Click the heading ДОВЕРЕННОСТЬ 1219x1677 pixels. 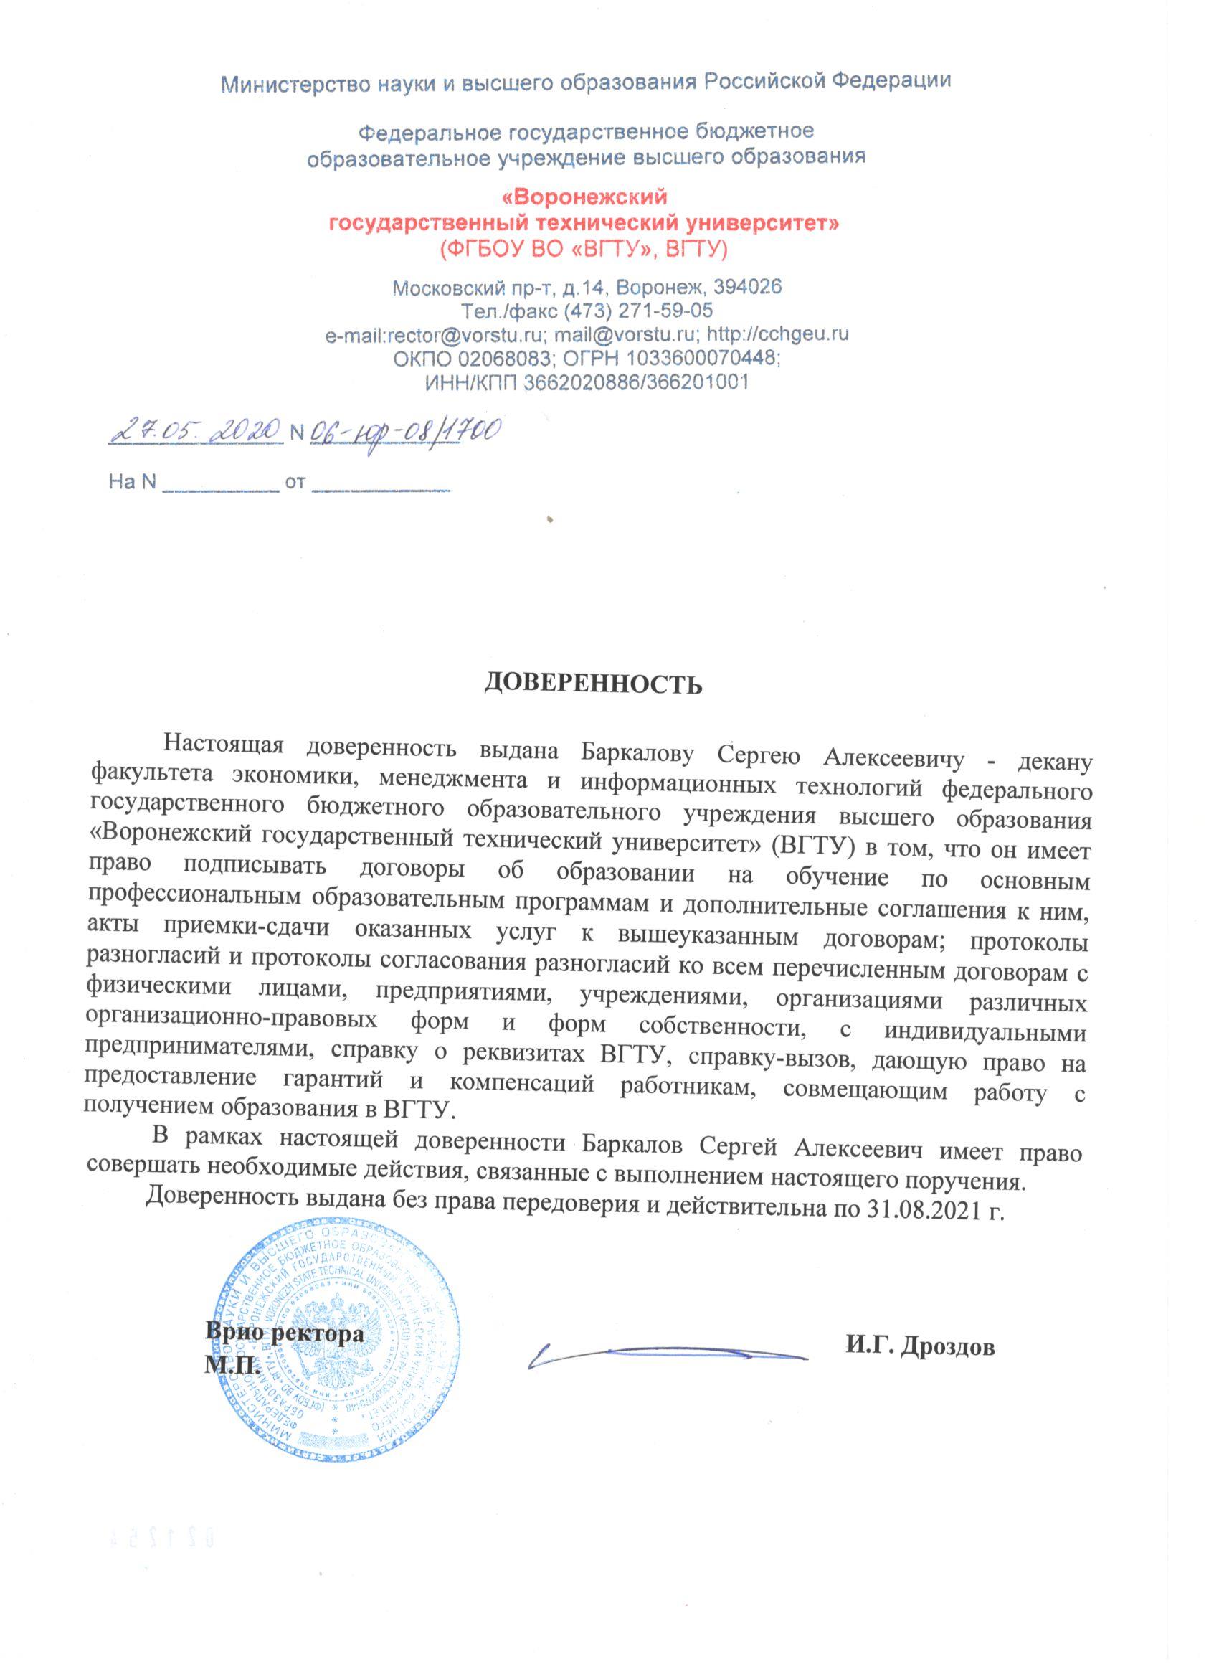pyautogui.click(x=592, y=684)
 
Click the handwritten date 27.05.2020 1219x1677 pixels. pyautogui.click(x=195, y=429)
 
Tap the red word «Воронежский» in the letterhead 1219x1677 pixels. pyautogui.click(x=584, y=197)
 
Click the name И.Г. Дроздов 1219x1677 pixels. pyautogui.click(x=921, y=1347)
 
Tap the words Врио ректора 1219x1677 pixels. pyautogui.click(x=285, y=1335)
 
